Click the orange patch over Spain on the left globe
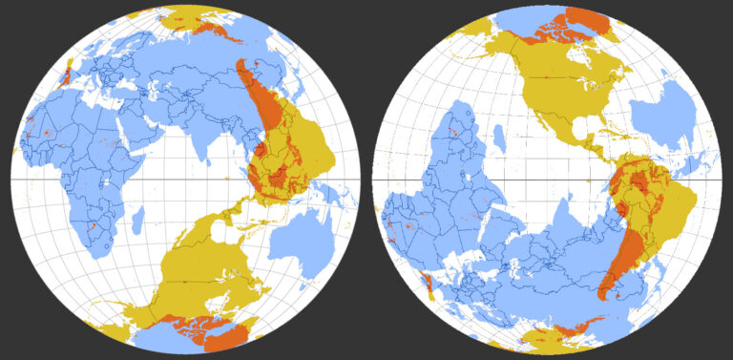click(x=66, y=74)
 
